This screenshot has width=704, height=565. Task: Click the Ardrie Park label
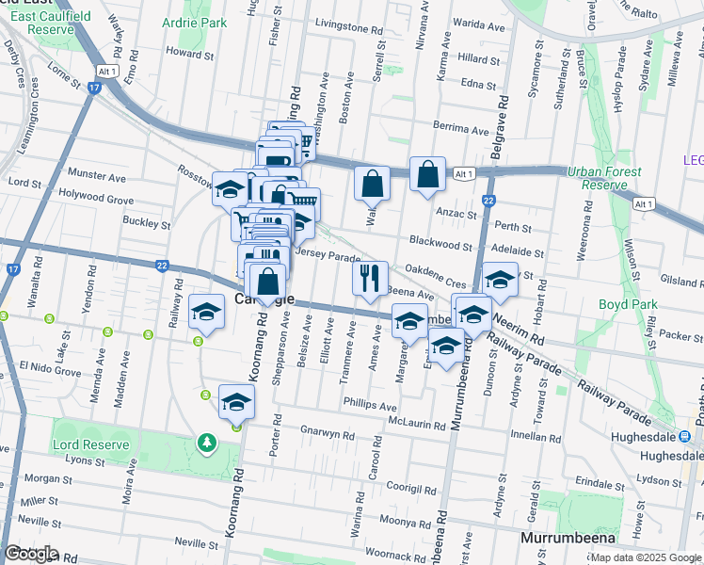196,23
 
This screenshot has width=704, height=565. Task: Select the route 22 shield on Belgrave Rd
488,201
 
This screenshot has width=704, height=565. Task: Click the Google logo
31,554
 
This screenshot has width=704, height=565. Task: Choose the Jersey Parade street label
328,256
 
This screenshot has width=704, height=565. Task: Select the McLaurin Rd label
416,425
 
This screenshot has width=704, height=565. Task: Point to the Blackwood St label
440,244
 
